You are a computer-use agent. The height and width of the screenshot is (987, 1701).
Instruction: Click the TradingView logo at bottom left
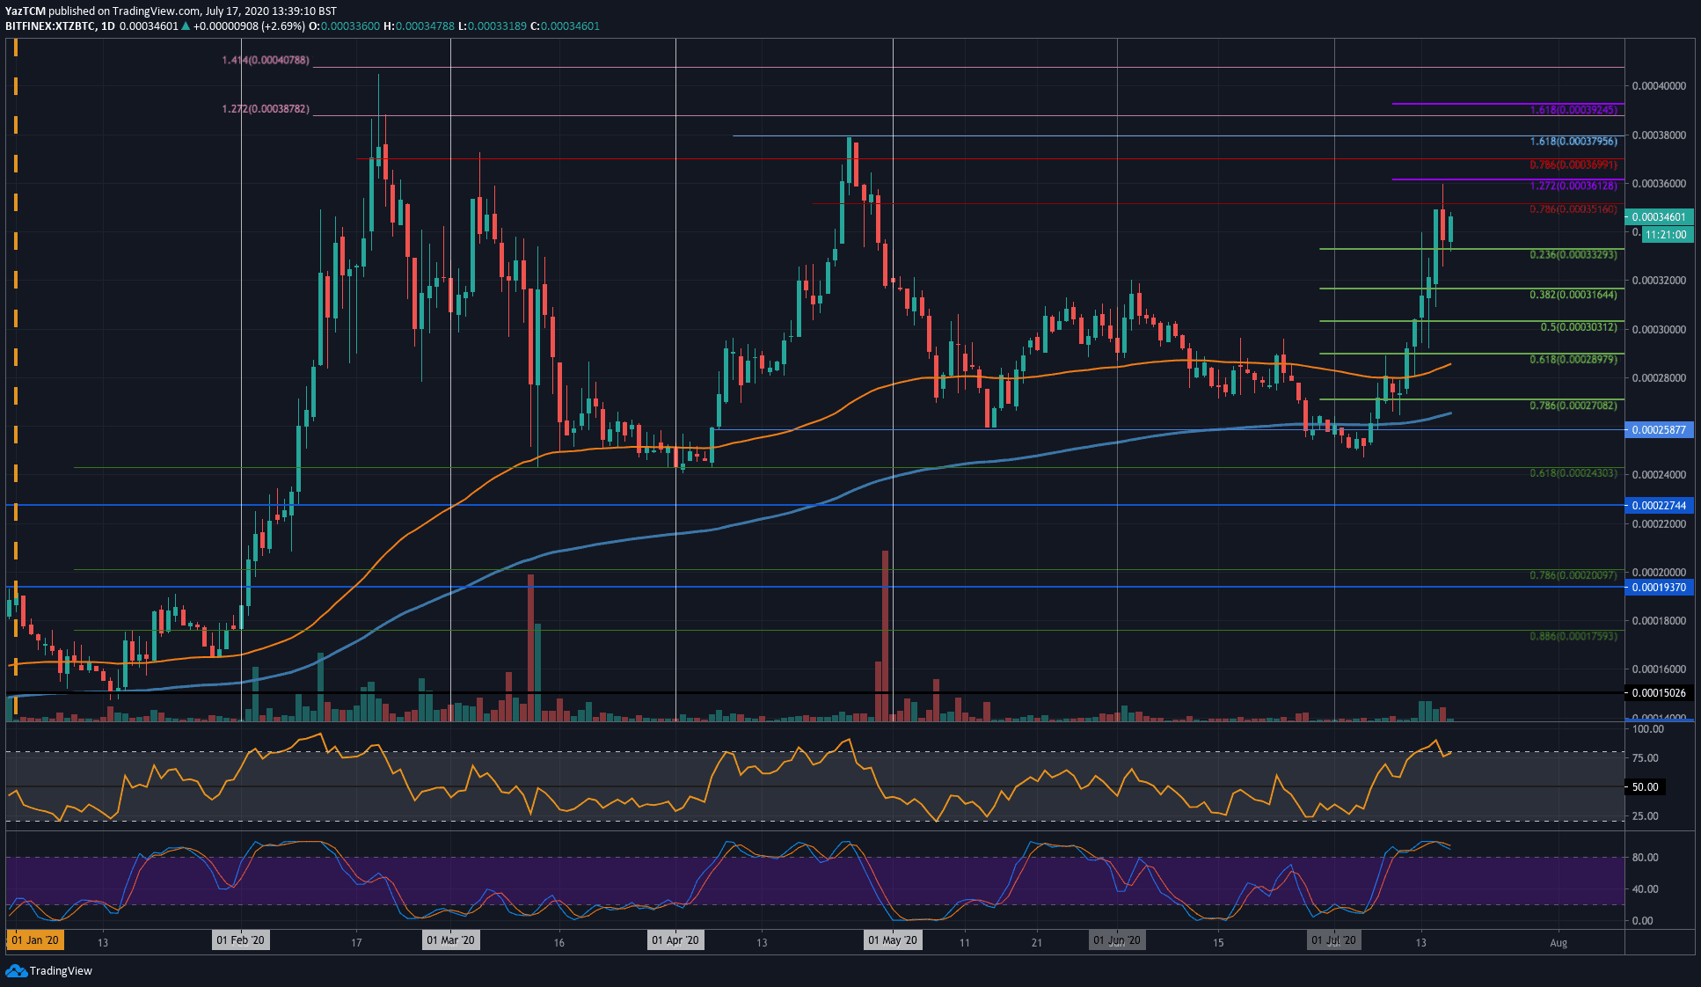tap(49, 970)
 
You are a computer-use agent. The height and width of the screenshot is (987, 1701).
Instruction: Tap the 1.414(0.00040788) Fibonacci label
tap(265, 61)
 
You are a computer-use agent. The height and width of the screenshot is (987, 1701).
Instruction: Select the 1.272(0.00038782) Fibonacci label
tap(265, 109)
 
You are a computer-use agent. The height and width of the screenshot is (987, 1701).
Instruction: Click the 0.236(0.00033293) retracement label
tap(1573, 255)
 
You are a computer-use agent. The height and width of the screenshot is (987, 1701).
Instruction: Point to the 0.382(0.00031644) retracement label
tap(1573, 295)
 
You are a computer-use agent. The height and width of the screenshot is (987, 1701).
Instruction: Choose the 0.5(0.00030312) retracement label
tap(1578, 327)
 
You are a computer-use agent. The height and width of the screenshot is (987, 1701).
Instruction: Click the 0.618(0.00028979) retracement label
tap(1573, 360)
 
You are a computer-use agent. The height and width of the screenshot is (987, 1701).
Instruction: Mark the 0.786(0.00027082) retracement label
tap(1573, 406)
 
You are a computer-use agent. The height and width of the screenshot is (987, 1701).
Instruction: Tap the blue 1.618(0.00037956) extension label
tap(1573, 142)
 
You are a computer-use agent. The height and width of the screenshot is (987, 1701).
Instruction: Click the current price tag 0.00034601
tap(1658, 217)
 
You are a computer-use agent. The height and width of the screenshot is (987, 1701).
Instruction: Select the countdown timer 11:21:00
tap(1665, 235)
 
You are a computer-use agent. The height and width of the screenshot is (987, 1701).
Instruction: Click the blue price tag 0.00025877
tap(1658, 430)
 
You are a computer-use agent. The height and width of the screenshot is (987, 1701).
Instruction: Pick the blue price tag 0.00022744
tap(1658, 506)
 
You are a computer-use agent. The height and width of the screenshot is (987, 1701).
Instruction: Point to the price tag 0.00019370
tap(1658, 588)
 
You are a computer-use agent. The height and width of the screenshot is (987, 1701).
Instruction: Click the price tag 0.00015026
tap(1658, 693)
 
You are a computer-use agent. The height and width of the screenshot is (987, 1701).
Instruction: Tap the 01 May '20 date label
tap(892, 941)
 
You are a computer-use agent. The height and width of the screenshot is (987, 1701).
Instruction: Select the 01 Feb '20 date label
tap(240, 941)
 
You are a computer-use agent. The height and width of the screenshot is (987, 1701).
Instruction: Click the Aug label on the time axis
tap(1558, 943)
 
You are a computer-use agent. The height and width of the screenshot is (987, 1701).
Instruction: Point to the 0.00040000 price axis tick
tap(1659, 86)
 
